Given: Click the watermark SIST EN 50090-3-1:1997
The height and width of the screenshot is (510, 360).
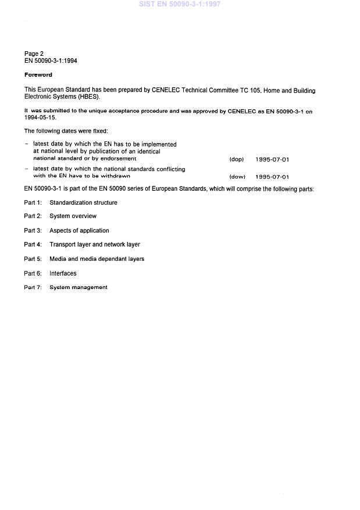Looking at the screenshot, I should coord(179,4).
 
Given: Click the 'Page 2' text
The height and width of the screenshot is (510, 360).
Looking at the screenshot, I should coord(34,54).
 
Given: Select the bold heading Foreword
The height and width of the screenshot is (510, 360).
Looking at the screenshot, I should coord(38,75).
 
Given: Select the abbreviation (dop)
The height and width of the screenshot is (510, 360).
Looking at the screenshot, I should coord(237,159).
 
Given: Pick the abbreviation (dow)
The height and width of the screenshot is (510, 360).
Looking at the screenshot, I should coord(237,176).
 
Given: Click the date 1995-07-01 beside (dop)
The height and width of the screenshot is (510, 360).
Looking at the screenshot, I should coord(272,159).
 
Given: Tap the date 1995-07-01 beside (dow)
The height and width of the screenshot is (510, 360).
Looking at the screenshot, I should coord(272,176).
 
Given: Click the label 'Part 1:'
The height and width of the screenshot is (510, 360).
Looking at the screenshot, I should coord(33,203).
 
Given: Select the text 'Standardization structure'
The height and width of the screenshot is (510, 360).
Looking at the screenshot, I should coord(83,203).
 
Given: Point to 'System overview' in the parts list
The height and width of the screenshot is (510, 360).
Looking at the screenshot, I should coord(73,216).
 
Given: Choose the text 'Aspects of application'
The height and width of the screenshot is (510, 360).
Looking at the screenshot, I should coord(79,231).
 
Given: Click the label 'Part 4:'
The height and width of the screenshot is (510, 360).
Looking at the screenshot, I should coord(33,245).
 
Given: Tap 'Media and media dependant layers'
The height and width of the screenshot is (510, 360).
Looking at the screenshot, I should coord(97,259).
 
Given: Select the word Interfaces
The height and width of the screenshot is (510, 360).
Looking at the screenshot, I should coord(63,273).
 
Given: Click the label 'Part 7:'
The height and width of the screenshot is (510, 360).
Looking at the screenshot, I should coord(33,287).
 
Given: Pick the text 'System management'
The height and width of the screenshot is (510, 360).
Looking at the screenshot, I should coord(79,287).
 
